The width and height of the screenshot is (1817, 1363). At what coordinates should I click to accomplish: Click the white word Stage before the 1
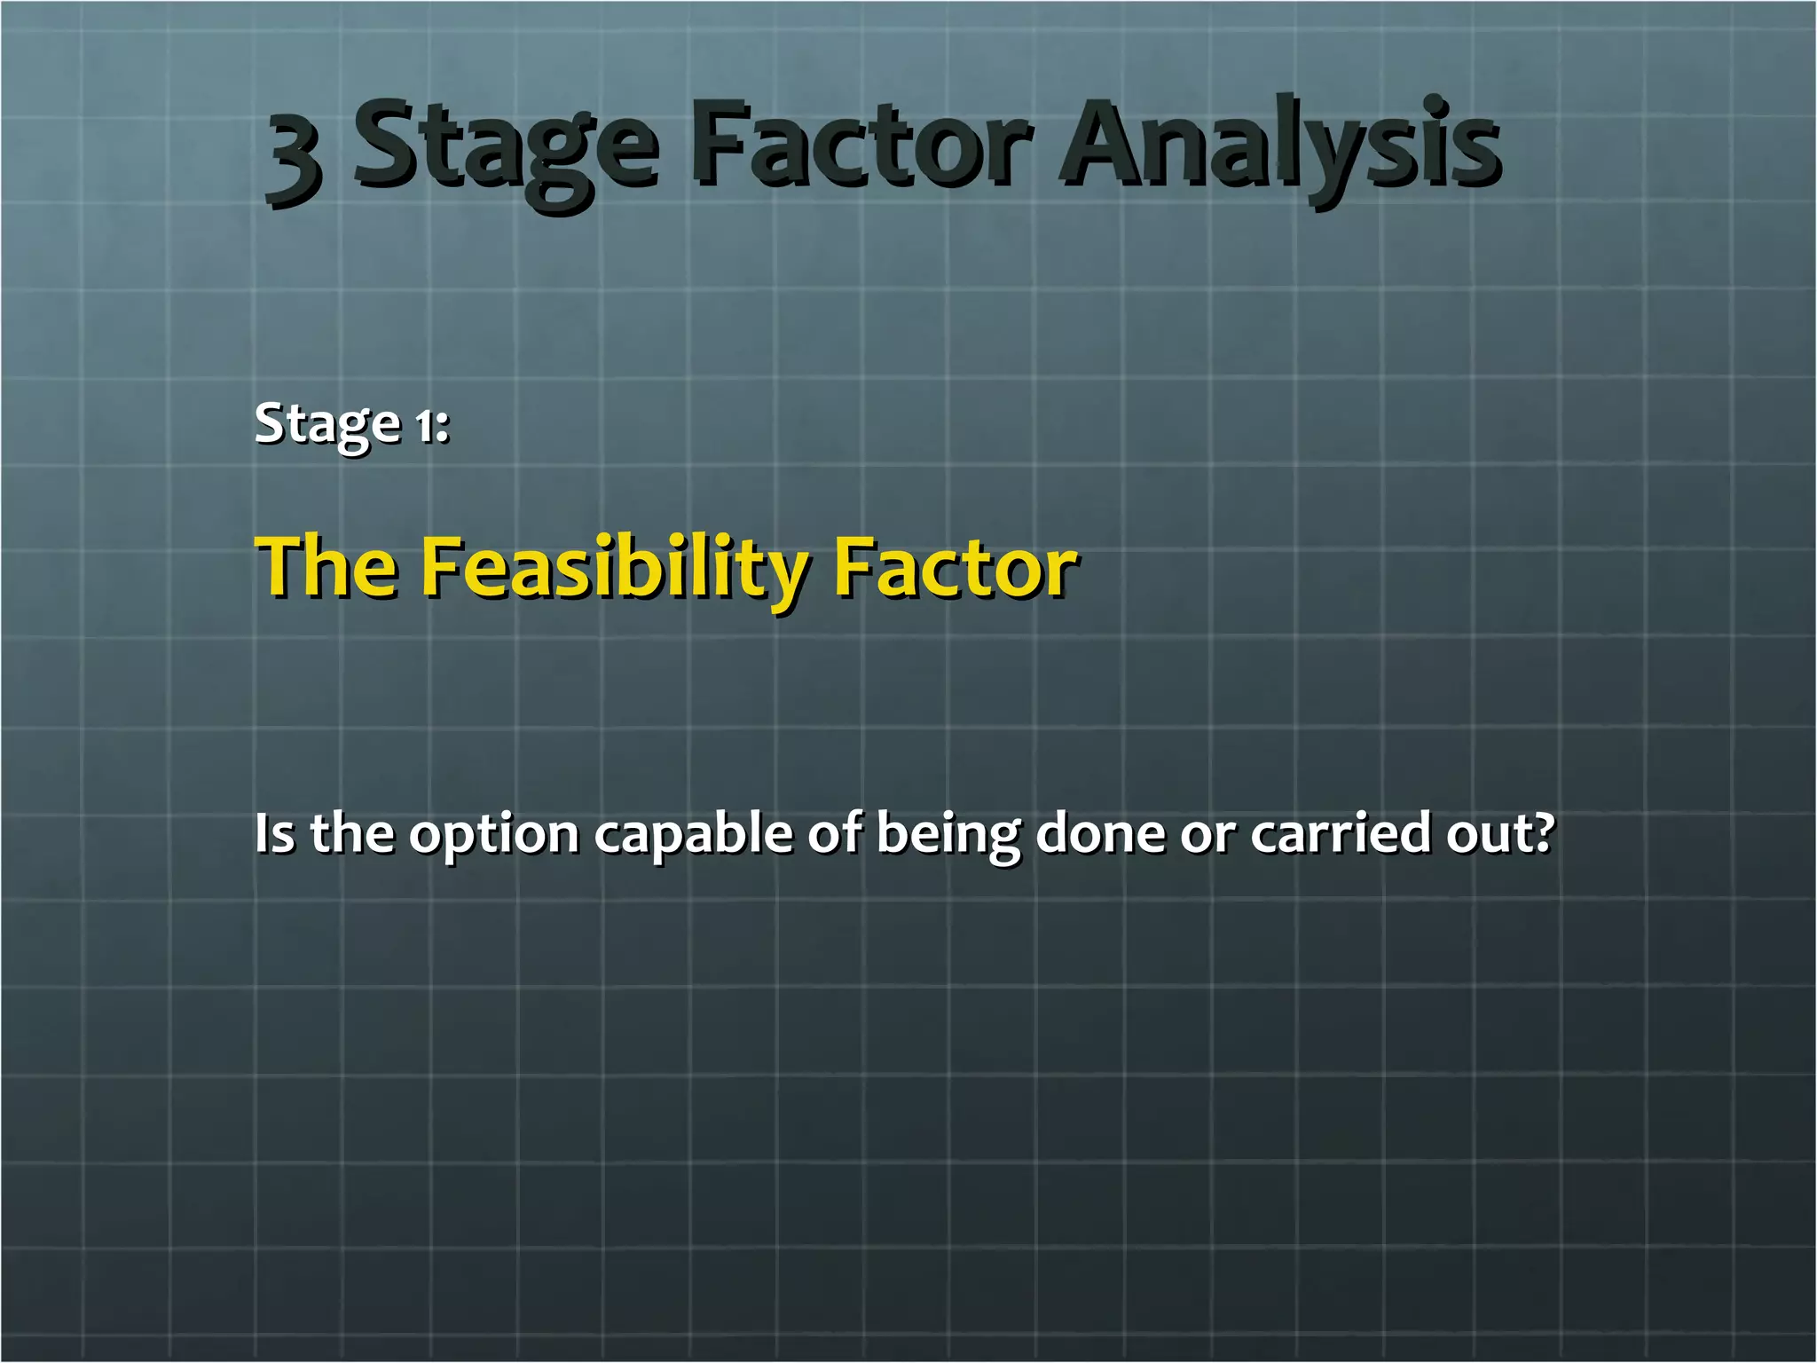pos(327,425)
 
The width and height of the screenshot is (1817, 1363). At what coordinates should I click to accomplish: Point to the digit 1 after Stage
pos(426,425)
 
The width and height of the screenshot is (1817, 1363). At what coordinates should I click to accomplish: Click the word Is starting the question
pos(274,833)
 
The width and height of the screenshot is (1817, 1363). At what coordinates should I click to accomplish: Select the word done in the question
pos(1099,833)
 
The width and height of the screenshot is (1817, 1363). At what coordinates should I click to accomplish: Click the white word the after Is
pos(352,833)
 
